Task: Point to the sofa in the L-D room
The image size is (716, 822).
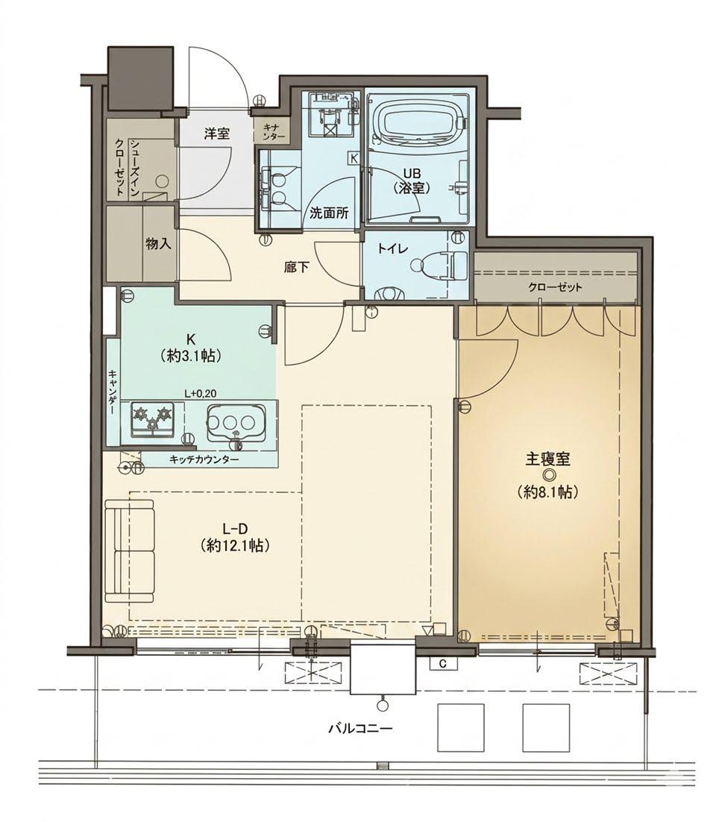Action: pos(130,551)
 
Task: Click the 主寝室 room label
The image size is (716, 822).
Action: pos(547,459)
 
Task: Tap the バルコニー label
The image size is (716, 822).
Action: pos(361,728)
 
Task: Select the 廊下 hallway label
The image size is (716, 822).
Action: pos(296,269)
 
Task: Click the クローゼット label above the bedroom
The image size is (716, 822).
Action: pos(555,286)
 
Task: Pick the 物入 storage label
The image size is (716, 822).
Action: pos(158,244)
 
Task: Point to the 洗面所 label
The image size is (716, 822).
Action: pos(329,213)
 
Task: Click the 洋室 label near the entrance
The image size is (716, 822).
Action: pos(217,134)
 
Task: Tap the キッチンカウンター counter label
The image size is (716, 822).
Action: pos(204,459)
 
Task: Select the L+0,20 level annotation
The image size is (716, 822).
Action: pos(201,393)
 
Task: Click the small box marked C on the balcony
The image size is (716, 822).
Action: pos(443,664)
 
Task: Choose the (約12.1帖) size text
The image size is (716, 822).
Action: pos(235,546)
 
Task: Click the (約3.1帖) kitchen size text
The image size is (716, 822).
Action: pos(189,357)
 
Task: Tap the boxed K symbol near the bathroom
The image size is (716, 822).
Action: pos(354,157)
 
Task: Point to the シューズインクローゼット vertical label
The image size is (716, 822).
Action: pos(127,167)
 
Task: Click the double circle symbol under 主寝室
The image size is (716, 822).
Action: pos(548,475)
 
